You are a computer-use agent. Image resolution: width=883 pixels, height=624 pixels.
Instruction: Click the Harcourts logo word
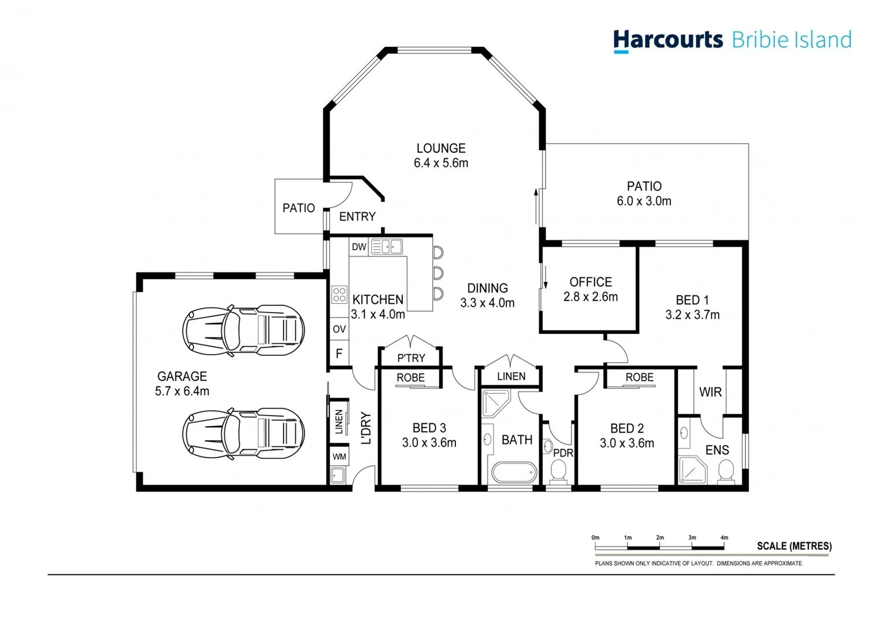tap(667, 40)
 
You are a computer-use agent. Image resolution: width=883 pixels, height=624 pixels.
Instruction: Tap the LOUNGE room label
tap(441, 148)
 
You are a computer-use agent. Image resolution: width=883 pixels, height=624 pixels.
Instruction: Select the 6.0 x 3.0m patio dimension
tap(644, 201)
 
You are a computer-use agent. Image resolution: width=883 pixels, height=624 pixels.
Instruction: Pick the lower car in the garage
tap(243, 433)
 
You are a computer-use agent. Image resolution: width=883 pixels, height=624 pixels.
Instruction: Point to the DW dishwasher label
tap(359, 247)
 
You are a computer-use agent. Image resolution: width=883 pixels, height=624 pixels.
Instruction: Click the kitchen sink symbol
tap(387, 247)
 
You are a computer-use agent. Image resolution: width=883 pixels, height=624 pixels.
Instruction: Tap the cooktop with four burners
tap(339, 295)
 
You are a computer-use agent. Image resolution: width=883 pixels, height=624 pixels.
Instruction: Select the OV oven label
tap(339, 329)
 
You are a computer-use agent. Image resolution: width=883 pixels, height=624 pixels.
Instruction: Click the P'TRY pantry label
tap(411, 358)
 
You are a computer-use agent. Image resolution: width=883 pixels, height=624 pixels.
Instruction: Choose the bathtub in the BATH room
tap(514, 473)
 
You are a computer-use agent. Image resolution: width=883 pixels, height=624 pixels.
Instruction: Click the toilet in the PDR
tap(558, 471)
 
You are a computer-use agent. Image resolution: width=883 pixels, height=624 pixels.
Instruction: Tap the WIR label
tap(710, 392)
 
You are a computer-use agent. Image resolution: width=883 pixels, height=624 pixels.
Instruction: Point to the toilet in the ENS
tap(726, 471)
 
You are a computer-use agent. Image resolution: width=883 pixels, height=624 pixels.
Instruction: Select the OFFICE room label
tap(591, 282)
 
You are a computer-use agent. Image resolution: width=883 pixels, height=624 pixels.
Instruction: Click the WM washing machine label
tap(339, 456)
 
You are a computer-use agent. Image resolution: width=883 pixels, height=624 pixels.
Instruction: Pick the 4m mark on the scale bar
tap(724, 538)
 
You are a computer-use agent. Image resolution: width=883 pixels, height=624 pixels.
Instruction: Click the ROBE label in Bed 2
tap(639, 377)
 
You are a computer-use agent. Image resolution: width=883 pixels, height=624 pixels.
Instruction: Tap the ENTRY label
tap(357, 217)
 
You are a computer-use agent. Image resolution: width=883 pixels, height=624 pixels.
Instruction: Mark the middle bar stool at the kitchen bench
tap(438, 273)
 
